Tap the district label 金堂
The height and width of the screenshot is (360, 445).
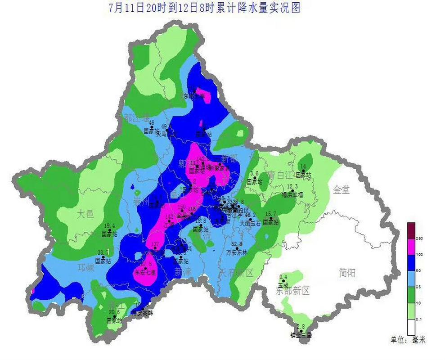tap(341, 190)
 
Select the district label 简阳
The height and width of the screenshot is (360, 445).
tap(349, 271)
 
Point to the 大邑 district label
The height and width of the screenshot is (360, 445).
tap(85, 213)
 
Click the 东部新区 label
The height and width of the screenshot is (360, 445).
tap(293, 291)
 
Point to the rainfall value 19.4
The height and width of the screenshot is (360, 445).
tap(110, 226)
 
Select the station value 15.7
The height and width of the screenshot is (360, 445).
tap(271, 214)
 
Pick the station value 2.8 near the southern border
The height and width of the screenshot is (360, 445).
tap(301, 327)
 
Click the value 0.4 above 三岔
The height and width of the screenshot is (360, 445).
tap(283, 277)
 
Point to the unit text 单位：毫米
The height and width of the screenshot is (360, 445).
tap(408, 341)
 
